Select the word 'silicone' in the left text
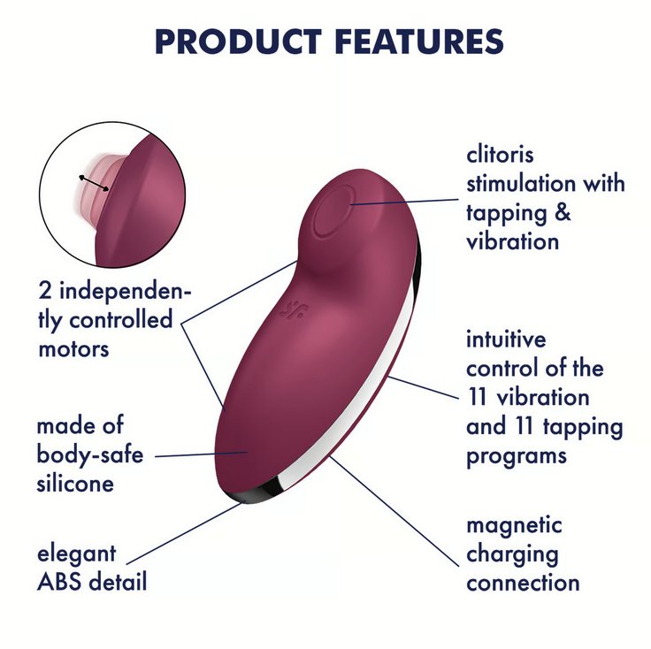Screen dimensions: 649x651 pos(75,485)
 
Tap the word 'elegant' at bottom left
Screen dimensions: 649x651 pos(76,555)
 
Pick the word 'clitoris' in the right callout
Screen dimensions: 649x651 pos(501,156)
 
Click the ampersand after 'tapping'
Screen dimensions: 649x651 pos(563,212)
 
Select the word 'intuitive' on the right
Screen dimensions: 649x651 pos(507,340)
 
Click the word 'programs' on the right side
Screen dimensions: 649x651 pos(517,456)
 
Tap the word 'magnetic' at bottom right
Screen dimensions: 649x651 pos(515,525)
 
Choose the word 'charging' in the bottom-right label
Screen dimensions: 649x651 pos(513,555)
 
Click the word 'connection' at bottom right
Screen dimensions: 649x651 pos(524,584)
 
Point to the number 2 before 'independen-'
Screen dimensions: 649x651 pos(45,291)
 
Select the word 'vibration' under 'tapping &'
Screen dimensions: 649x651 pos(513,241)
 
